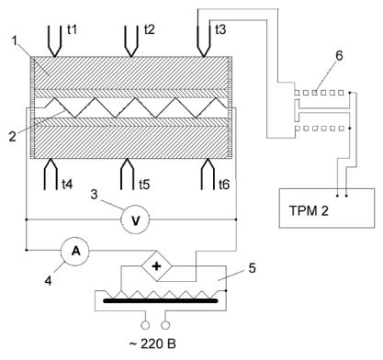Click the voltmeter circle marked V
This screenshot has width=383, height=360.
[135, 219]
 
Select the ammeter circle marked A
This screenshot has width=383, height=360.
[75, 251]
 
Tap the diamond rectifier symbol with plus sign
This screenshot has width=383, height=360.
[156, 266]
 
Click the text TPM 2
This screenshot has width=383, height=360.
[309, 210]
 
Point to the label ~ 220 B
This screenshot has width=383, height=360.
[152, 343]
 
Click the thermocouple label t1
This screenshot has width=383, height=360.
[72, 29]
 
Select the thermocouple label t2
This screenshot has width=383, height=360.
[149, 29]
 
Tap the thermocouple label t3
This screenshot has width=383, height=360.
[220, 29]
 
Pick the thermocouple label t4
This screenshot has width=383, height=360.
[67, 185]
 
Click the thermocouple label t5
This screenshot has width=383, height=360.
[144, 185]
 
